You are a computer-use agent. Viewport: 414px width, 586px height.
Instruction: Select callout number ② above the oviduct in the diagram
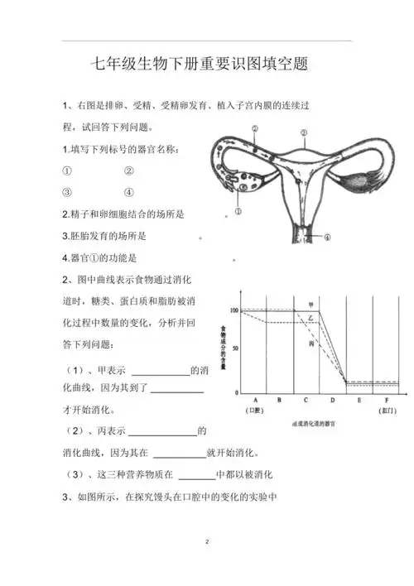[256, 128]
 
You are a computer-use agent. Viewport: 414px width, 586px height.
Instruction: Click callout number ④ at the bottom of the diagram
[326, 237]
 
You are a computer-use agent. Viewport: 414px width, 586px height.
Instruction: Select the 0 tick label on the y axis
[237, 391]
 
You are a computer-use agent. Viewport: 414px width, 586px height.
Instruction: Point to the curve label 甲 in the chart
[310, 305]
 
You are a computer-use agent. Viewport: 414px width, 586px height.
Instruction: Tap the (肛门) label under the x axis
[387, 411]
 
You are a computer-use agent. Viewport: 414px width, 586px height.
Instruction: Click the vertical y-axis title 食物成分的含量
[222, 348]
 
